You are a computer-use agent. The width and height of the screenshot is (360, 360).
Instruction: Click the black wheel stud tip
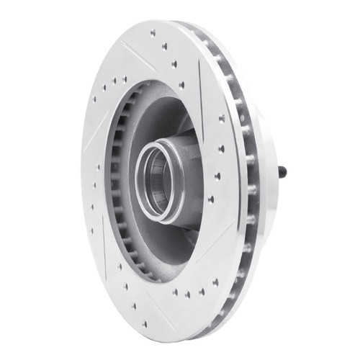283,171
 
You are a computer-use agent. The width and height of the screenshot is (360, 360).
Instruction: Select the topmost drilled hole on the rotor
153,32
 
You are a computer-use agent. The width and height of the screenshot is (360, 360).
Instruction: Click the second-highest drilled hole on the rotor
164,46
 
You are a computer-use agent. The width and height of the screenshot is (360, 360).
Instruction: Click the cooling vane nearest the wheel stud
253,173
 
